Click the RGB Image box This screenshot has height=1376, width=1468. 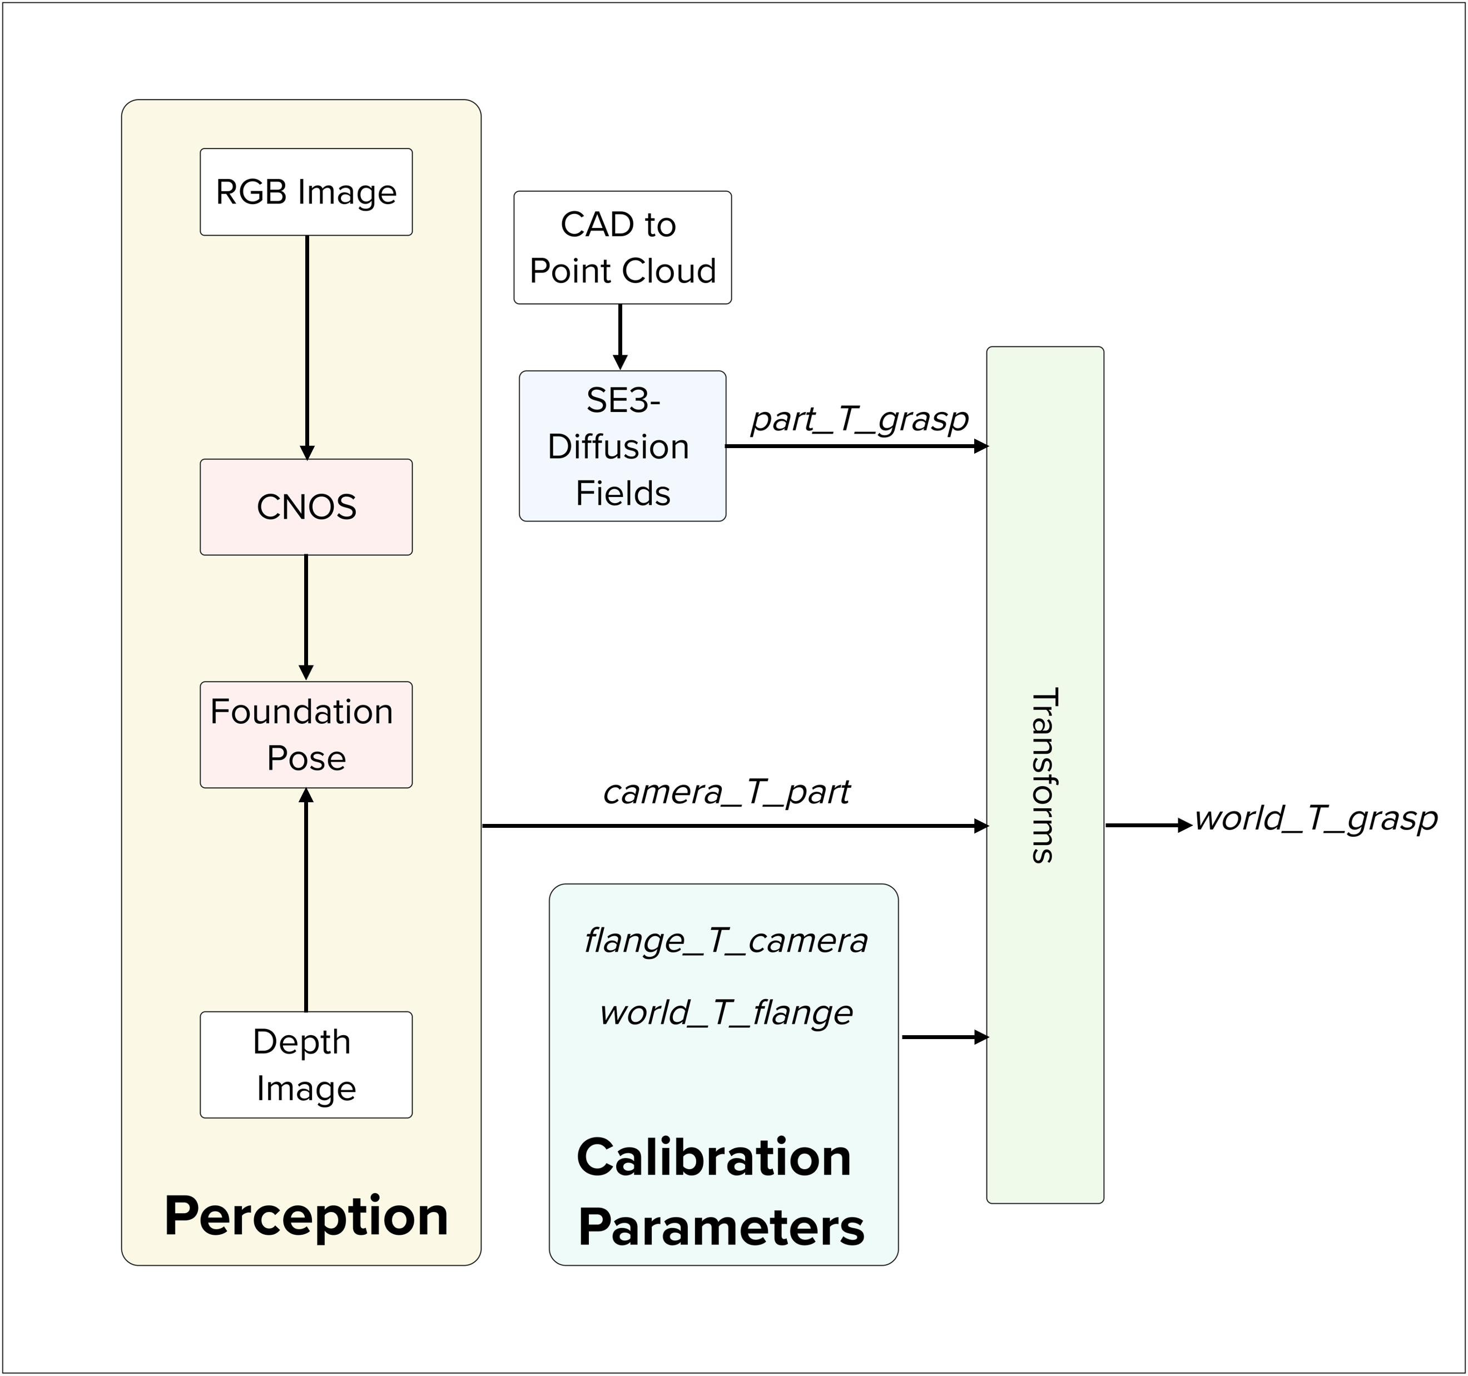click(x=306, y=192)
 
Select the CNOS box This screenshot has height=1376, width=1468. click(x=306, y=507)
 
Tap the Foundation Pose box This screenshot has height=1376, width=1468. click(x=306, y=734)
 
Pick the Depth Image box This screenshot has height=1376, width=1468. click(x=306, y=1065)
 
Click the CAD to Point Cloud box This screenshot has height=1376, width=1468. click(x=622, y=247)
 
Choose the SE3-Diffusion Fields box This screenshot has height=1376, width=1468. click(x=622, y=446)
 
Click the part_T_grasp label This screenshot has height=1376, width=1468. click(x=860, y=419)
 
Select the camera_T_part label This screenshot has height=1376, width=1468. click(x=727, y=792)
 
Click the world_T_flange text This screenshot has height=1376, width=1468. click(x=726, y=1012)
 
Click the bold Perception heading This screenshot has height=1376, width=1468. click(x=306, y=1216)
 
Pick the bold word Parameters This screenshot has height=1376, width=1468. click(x=721, y=1228)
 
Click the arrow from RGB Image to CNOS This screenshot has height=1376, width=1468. click(x=307, y=347)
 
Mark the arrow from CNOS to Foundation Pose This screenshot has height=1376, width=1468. click(x=306, y=618)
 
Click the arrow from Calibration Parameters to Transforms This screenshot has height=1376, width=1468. click(x=945, y=1037)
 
